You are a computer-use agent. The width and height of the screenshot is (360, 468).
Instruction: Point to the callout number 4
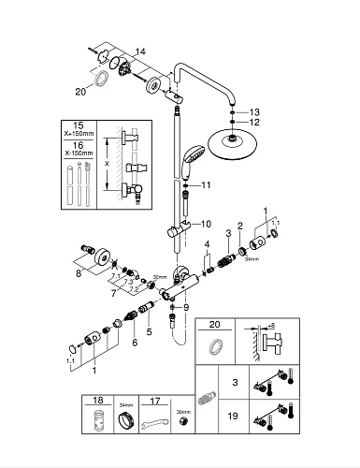[x=207, y=244]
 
